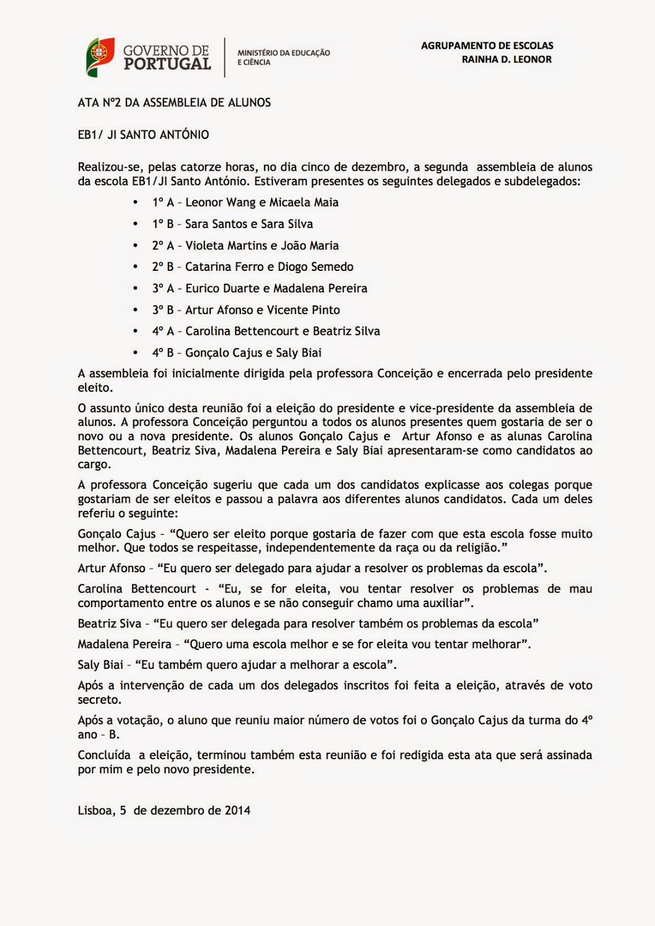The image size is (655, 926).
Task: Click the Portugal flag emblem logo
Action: point(100,57)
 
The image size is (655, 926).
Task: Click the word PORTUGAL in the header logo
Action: point(167,64)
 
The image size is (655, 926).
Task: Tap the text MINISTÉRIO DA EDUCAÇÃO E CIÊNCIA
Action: point(283,57)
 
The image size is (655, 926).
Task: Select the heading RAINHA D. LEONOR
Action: point(506,59)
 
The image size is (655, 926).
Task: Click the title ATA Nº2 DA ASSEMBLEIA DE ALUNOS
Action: point(174,103)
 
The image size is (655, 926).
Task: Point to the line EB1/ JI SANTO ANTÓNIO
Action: point(143,135)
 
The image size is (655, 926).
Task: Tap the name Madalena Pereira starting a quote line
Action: point(125,644)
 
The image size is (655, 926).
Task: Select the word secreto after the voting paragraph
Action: point(100,700)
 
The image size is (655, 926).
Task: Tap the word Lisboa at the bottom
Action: point(94,810)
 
